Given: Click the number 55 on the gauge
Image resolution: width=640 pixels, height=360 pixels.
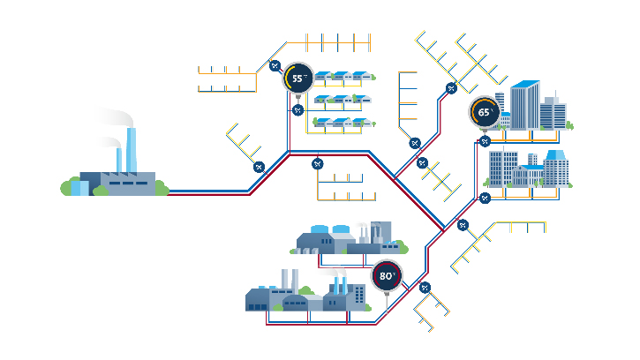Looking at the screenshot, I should point(298,79).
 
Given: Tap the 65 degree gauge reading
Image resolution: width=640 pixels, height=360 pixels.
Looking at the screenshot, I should point(485,113).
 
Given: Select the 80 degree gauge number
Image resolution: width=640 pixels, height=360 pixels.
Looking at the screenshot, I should point(386,275).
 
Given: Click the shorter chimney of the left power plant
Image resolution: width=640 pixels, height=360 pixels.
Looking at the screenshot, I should point(118,161).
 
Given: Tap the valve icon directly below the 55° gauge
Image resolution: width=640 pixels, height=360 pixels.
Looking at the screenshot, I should point(297,110).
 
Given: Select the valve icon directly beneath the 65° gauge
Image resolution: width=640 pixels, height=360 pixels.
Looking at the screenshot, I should point(485,141).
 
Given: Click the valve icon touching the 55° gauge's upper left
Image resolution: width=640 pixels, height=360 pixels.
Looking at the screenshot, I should point(275,65).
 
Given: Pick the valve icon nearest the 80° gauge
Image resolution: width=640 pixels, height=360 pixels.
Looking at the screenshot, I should point(425,287).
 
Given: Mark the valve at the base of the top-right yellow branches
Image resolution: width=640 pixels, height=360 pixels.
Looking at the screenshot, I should point(451,87).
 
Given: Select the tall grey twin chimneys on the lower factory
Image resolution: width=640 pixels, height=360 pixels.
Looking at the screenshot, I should point(287,281).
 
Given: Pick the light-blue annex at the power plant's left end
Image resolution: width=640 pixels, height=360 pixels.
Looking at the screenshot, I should point(79,186).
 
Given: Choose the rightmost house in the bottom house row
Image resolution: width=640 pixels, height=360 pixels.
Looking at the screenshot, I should point(361,122).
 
